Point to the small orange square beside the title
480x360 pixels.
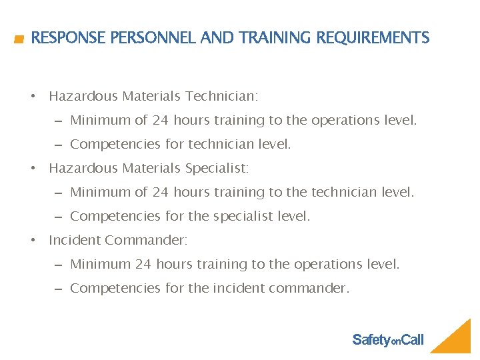click(19, 39)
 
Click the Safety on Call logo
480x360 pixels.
click(388, 340)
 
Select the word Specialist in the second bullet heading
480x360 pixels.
click(217, 169)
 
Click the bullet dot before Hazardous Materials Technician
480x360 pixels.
click(33, 97)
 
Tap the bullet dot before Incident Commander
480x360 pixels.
click(33, 241)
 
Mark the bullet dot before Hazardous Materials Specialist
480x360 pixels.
click(33, 169)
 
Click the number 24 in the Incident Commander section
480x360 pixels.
click(143, 265)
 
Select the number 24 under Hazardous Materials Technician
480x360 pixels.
click(160, 121)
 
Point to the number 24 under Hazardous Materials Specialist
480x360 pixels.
click(160, 193)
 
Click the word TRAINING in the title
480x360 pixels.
click(276, 38)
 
